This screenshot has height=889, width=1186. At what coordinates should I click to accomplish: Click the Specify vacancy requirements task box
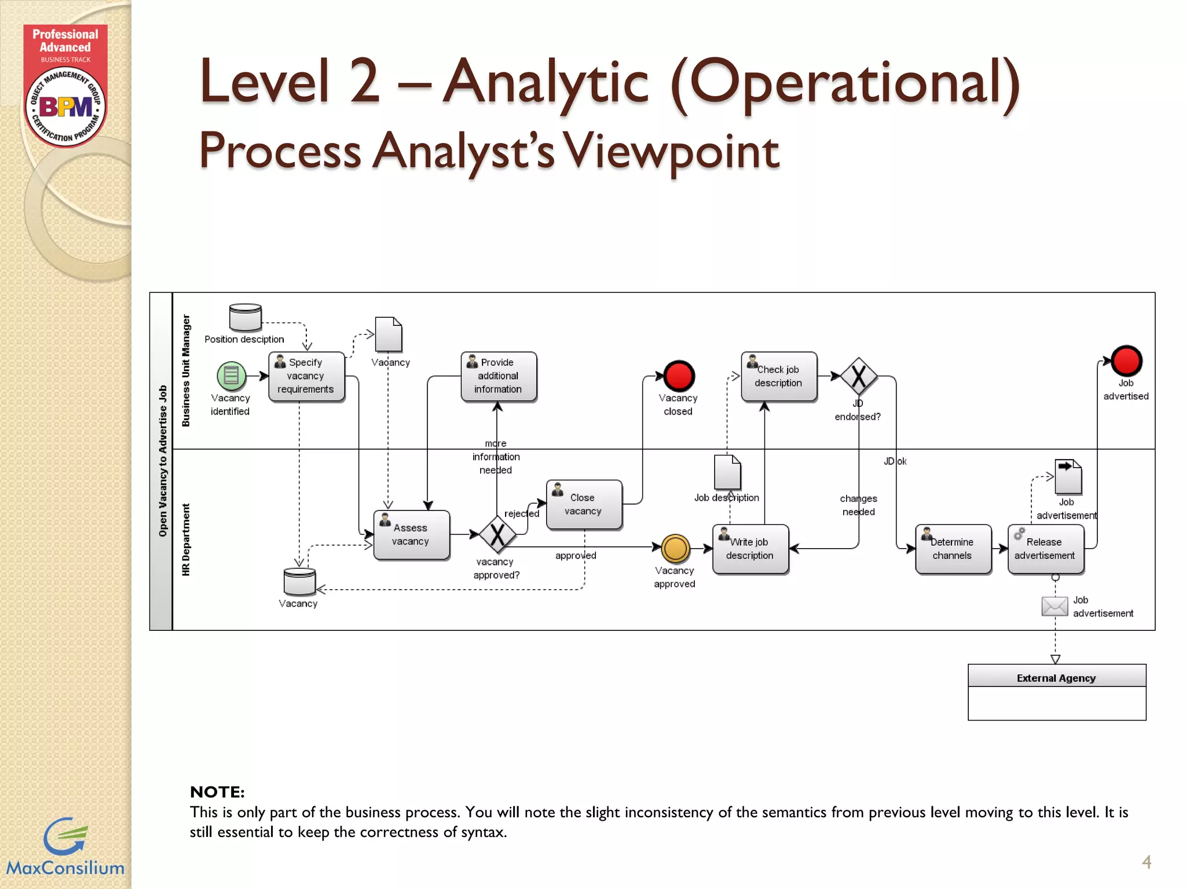click(x=306, y=376)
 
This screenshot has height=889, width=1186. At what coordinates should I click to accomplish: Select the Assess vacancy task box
click(x=411, y=535)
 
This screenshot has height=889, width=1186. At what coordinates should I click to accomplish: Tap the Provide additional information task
click(x=498, y=376)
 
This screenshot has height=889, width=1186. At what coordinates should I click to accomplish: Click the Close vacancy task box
click(x=584, y=504)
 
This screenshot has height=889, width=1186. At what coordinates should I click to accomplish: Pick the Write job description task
click(x=750, y=549)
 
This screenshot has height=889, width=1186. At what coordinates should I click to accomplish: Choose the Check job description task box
click(x=778, y=376)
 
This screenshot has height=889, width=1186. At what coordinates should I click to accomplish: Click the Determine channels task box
click(x=953, y=549)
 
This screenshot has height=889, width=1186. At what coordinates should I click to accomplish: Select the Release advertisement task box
click(x=1045, y=549)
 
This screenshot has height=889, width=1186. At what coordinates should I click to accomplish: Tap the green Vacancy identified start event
click(x=231, y=376)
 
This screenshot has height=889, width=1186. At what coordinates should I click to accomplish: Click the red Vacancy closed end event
click(x=679, y=376)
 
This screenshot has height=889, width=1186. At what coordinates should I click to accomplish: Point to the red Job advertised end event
click(x=1126, y=361)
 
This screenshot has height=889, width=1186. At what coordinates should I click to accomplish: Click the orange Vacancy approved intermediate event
click(x=675, y=549)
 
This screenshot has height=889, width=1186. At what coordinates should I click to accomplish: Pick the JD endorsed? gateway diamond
click(x=859, y=376)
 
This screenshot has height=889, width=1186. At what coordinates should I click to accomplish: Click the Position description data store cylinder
click(x=246, y=317)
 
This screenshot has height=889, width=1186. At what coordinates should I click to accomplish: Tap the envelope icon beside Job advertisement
click(x=1055, y=607)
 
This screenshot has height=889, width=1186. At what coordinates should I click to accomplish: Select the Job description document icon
click(x=727, y=472)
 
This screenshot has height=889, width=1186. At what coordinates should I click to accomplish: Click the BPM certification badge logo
click(x=65, y=107)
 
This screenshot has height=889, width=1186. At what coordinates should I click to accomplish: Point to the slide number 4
click(x=1146, y=862)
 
